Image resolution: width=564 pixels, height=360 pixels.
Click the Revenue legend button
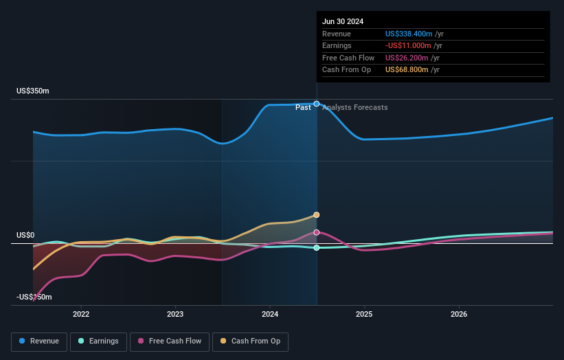pyautogui.click(x=40, y=341)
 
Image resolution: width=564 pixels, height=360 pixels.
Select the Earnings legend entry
pyautogui.click(x=98, y=341)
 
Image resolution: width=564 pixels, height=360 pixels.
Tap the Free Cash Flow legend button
pyautogui.click(x=170, y=341)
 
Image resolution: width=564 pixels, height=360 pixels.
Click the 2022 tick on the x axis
pyautogui.click(x=81, y=314)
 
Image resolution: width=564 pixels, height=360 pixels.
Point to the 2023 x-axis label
pyautogui.click(x=175, y=314)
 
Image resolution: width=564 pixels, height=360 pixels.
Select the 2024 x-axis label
pyautogui.click(x=270, y=314)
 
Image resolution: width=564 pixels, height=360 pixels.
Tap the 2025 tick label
pyautogui.click(x=364, y=314)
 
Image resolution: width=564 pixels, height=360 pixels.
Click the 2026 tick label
pyautogui.click(x=459, y=314)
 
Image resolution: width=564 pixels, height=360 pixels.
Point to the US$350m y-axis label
pyautogui.click(x=33, y=91)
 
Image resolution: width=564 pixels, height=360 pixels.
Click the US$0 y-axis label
pyautogui.click(x=25, y=236)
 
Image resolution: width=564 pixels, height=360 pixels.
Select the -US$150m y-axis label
pyautogui.click(x=34, y=297)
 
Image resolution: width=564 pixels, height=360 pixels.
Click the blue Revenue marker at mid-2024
pyautogui.click(x=317, y=104)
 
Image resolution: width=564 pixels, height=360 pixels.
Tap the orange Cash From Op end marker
pyautogui.click(x=317, y=215)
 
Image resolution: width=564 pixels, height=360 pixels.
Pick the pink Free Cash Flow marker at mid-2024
pyautogui.click(x=317, y=232)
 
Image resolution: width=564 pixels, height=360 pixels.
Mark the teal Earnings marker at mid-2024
pyautogui.click(x=317, y=247)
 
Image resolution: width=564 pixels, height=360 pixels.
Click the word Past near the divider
pyautogui.click(x=303, y=108)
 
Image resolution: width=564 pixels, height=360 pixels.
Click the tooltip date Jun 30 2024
pyautogui.click(x=343, y=21)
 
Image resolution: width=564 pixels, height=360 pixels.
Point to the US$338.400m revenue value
pyautogui.click(x=409, y=34)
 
